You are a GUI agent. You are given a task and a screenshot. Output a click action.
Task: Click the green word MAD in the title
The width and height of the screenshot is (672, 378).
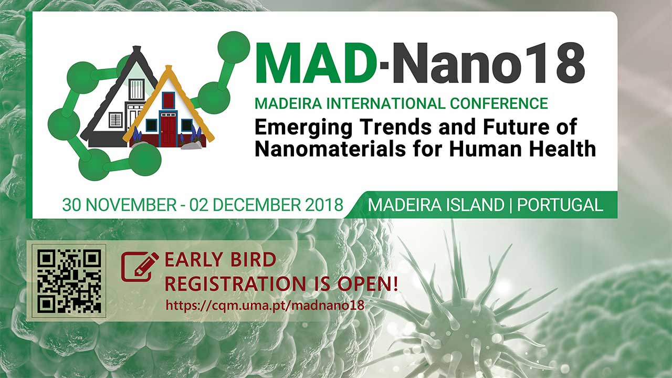[315, 62]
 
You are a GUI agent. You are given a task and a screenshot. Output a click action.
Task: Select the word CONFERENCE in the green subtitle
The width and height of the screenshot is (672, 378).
[499, 103]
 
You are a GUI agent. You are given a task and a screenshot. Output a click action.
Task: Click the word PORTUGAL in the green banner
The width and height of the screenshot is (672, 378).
[560, 205]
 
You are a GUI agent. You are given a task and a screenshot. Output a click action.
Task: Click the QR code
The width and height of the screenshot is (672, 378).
[69, 281]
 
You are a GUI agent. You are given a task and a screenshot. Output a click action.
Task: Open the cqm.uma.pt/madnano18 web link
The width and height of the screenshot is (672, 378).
[265, 306]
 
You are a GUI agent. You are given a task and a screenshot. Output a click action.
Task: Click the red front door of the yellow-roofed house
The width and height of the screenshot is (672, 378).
[169, 131]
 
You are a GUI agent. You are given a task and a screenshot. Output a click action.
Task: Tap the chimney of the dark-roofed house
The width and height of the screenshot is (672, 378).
[137, 49]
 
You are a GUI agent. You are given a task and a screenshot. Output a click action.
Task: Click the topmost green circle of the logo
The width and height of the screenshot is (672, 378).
[234, 47]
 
